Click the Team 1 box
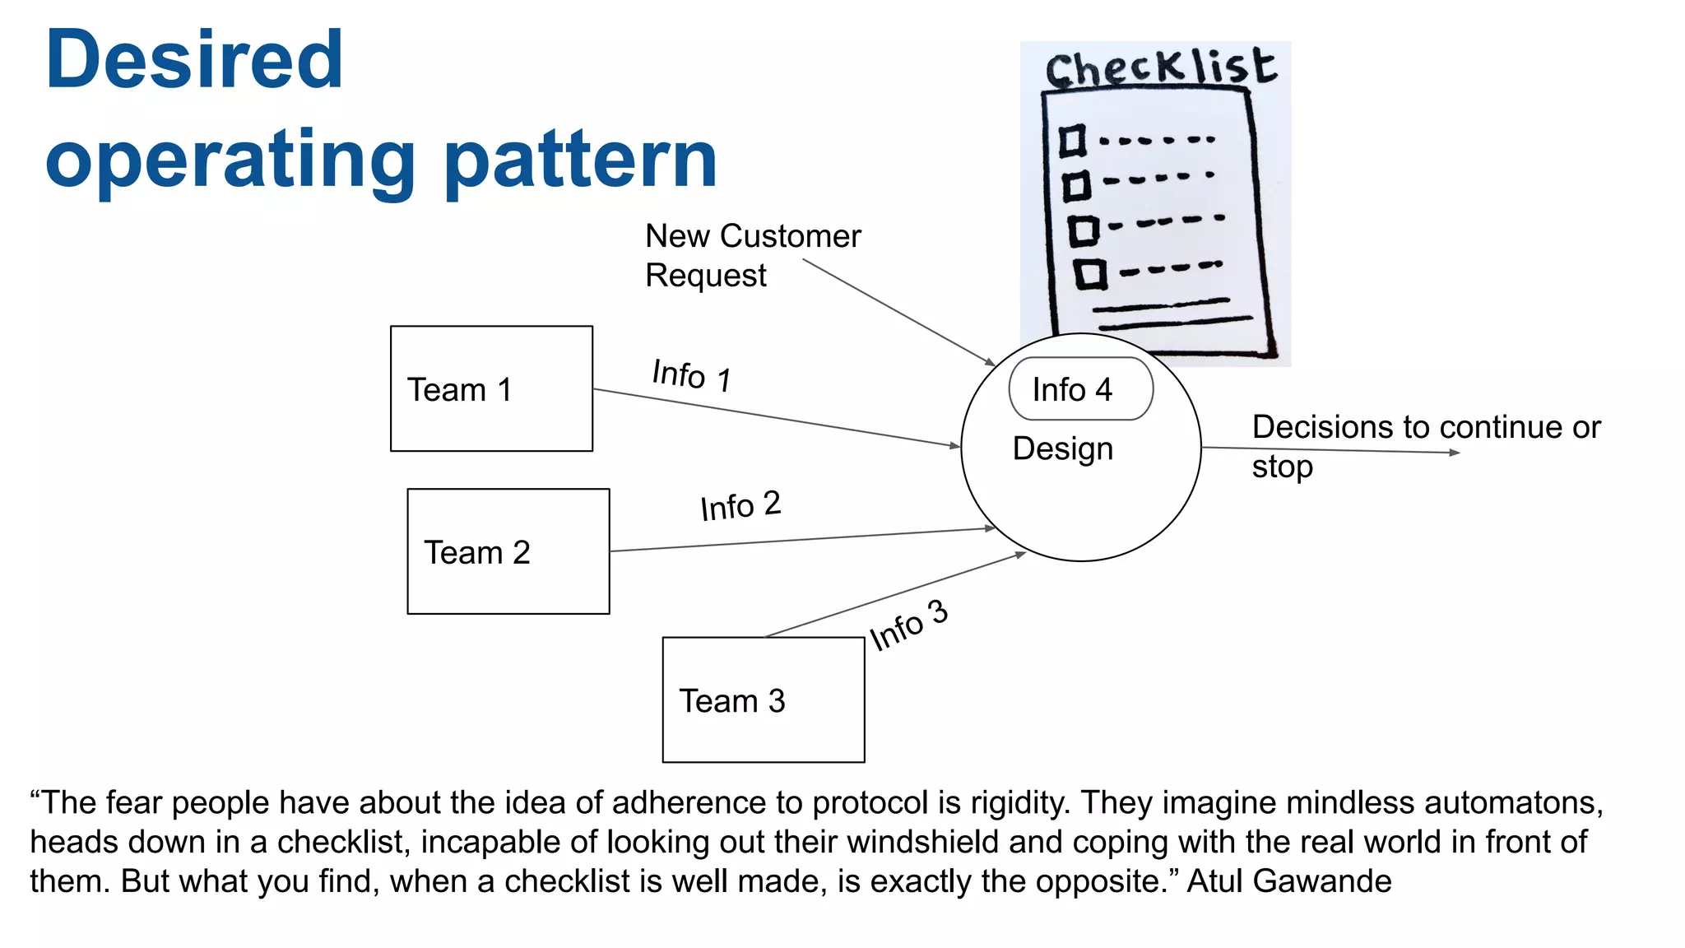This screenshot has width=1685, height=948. pyautogui.click(x=491, y=388)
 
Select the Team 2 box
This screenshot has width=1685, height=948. pyautogui.click(x=508, y=551)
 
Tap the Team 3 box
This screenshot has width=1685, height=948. pyautogui.click(x=763, y=699)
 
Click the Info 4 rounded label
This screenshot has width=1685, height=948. pyautogui.click(x=1080, y=389)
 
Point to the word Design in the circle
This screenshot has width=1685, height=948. pyautogui.click(x=1062, y=449)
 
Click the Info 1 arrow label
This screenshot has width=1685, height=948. pyautogui.click(x=691, y=375)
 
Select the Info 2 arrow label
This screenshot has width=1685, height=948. pyautogui.click(x=740, y=505)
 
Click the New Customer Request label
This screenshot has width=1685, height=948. pyautogui.click(x=752, y=255)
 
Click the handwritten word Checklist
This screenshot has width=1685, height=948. pyautogui.click(x=1160, y=67)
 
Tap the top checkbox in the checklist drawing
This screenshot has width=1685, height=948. pyautogui.click(x=1071, y=141)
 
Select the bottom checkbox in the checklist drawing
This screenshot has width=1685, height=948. pyautogui.click(x=1091, y=274)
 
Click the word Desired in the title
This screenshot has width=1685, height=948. pyautogui.click(x=194, y=59)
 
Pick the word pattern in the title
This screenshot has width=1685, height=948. pyautogui.click(x=580, y=160)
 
